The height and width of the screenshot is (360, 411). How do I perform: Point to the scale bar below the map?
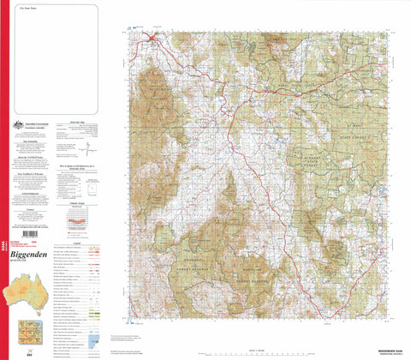point(257,350)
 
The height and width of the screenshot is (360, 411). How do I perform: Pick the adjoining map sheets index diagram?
point(27,334)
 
